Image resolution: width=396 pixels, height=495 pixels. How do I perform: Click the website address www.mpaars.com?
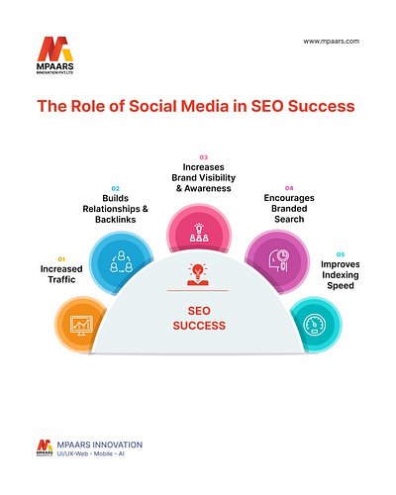coord(332,42)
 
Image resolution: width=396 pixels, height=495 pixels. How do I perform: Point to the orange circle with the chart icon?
coord(78,322)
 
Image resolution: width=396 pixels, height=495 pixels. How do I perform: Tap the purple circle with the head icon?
coord(275,261)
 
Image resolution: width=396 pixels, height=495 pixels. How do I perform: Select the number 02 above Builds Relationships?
coord(115,187)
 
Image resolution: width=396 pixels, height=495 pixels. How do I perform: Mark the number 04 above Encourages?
coord(289,187)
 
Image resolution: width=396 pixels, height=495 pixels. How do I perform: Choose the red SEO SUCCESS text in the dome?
coord(198,318)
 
